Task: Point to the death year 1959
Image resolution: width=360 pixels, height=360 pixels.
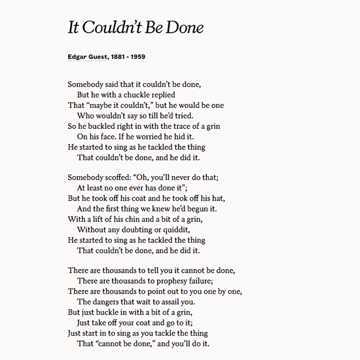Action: (x=136, y=56)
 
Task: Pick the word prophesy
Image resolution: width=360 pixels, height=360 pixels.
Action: (x=168, y=281)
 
